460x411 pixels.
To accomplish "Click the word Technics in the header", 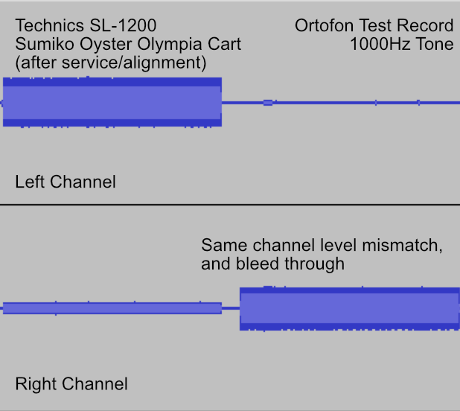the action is [51, 25].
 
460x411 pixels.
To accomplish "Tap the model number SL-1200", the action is [123, 25].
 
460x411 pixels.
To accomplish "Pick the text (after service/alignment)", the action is [111, 63].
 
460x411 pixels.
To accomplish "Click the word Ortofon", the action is [325, 25].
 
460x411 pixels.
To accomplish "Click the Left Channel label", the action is [66, 182].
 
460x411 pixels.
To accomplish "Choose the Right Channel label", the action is [71, 383].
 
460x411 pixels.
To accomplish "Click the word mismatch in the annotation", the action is [402, 245].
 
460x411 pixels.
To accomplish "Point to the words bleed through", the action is [290, 264].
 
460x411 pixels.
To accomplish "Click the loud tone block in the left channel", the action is [112, 102].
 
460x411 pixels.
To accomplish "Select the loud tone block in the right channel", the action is [350, 308].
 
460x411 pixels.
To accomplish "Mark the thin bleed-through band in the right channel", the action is [112, 308].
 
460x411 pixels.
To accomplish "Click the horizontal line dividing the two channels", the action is [230, 205].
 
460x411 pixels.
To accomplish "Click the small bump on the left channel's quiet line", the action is [268, 103].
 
